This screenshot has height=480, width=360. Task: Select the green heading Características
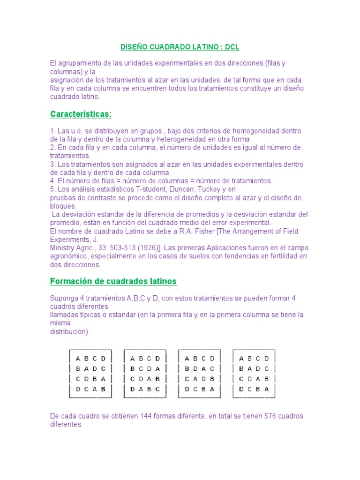(x=81, y=114)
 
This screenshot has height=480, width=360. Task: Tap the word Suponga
(x=64, y=298)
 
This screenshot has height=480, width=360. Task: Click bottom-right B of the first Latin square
(x=103, y=389)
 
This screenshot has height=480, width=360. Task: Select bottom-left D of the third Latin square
(x=187, y=389)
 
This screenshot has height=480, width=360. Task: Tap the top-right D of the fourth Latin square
(x=266, y=359)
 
